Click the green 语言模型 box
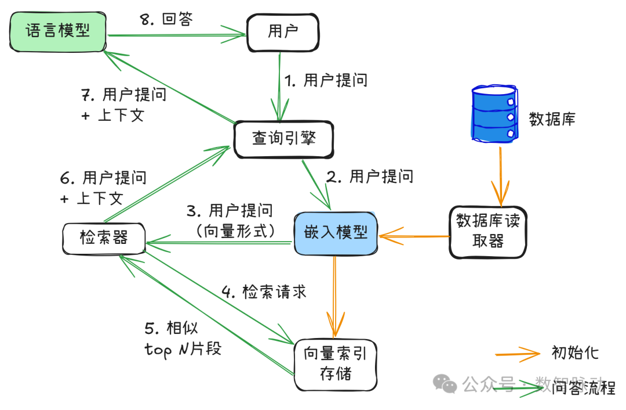click(58, 30)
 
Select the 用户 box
click(283, 32)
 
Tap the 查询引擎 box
click(283, 139)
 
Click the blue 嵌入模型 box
click(336, 233)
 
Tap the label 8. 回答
click(166, 19)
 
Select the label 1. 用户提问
click(326, 80)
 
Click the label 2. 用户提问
click(370, 176)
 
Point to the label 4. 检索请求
click(264, 292)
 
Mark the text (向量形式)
click(235, 231)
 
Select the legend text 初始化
click(575, 353)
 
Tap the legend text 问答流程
click(584, 387)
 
